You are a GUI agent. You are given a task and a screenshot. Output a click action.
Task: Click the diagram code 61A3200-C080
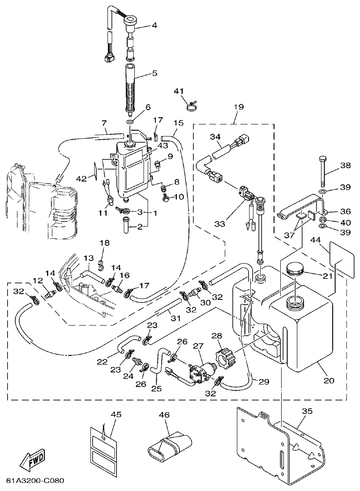point(35,481)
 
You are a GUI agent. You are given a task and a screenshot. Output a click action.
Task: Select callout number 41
point(179,91)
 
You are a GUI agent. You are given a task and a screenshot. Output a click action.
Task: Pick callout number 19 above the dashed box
point(238,107)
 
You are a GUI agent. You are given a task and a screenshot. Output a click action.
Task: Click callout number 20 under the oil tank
point(329,380)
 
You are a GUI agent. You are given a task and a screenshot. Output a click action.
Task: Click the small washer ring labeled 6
point(130,122)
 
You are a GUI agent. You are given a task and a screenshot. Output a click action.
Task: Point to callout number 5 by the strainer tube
point(154,73)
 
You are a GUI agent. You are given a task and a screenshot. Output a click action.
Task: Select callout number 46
point(164,415)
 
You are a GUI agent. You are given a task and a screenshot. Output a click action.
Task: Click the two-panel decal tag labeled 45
point(103,445)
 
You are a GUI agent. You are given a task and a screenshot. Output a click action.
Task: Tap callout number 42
point(81,178)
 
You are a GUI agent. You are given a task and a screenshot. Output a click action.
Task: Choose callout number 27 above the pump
point(198,346)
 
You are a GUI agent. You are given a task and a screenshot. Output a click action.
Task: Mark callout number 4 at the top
point(154,26)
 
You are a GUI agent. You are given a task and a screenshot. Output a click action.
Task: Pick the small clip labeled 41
point(192,107)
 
